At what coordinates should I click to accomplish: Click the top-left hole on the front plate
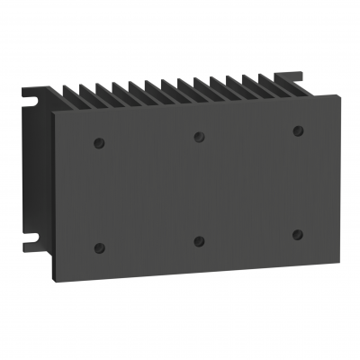click(97, 141)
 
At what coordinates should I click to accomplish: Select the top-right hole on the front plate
click(297, 131)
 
